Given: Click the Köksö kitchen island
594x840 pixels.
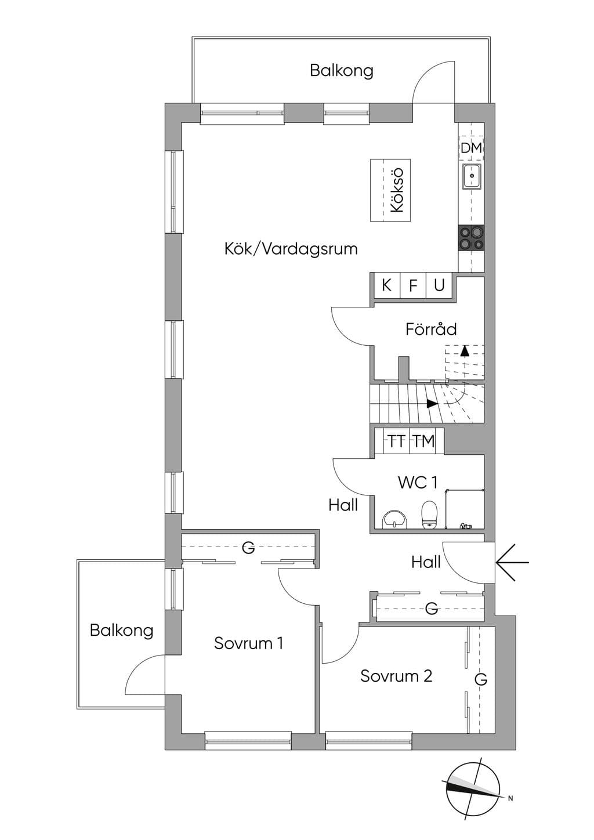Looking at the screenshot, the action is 390,190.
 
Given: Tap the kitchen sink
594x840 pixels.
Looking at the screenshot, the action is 472,176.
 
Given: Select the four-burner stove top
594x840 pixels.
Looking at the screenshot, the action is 472,238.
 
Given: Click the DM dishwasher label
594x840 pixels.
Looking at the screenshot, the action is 472,148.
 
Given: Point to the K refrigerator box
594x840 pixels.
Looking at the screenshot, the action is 387,285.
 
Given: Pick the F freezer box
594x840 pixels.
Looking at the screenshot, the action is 413,285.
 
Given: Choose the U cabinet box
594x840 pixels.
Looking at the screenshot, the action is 439,285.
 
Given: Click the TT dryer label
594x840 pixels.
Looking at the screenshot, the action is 396,441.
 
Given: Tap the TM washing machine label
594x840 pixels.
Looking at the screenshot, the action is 424,441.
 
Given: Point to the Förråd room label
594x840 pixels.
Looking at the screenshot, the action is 431,329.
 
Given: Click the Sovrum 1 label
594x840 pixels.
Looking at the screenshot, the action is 248,643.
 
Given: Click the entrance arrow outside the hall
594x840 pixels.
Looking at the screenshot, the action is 512,563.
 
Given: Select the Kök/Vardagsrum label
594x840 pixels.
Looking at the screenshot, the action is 291,249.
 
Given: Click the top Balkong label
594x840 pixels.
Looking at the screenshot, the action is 342,71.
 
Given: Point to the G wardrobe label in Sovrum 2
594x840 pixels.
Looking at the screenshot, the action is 481,679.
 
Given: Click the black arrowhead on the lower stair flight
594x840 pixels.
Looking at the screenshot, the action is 432,404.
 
